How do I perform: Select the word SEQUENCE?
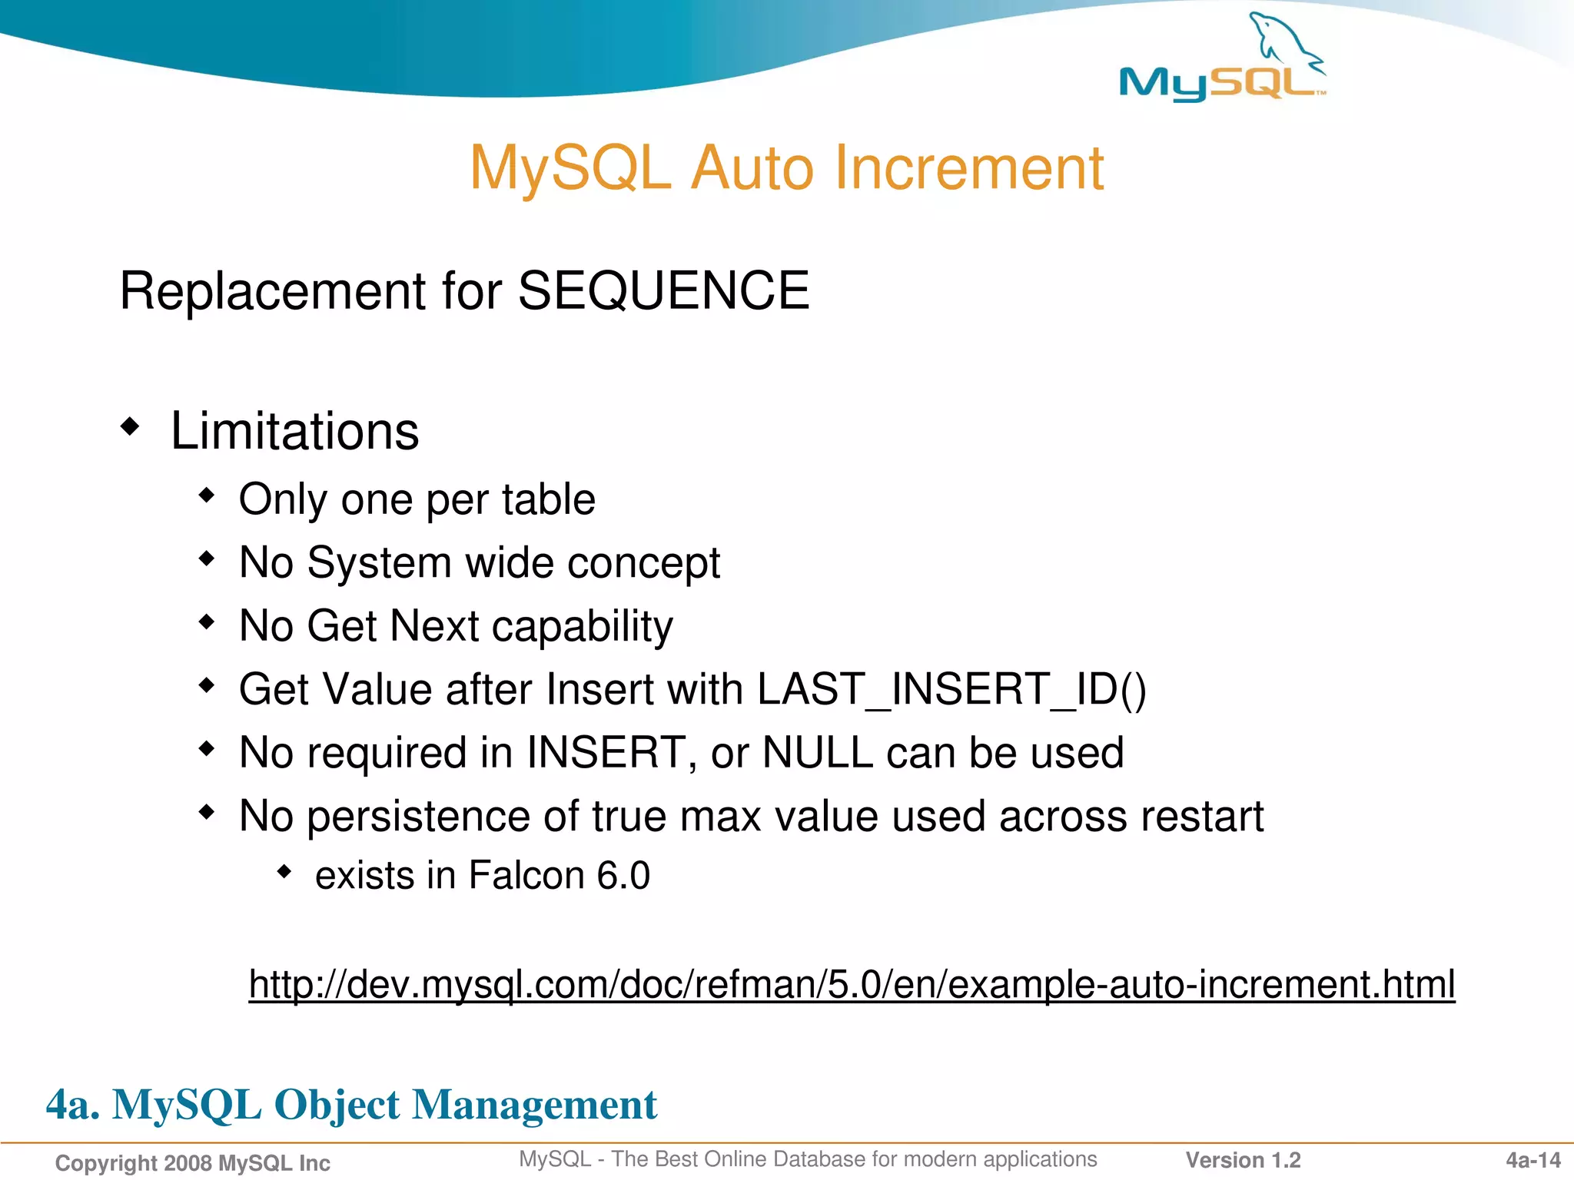pos(663,291)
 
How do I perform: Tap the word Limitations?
pos(294,431)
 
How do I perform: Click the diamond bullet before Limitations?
pos(131,426)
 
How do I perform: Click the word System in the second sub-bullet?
pos(380,563)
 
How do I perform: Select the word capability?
pos(582,627)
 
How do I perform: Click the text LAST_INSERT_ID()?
pos(951,689)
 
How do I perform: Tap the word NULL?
pos(817,753)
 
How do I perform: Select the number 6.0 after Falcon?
pos(623,876)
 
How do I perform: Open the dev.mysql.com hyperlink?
pos(852,984)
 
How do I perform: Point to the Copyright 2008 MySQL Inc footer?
pos(192,1163)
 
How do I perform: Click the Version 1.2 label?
pos(1243,1160)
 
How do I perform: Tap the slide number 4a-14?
pos(1532,1160)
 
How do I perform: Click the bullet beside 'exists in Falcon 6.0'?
pos(284,871)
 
